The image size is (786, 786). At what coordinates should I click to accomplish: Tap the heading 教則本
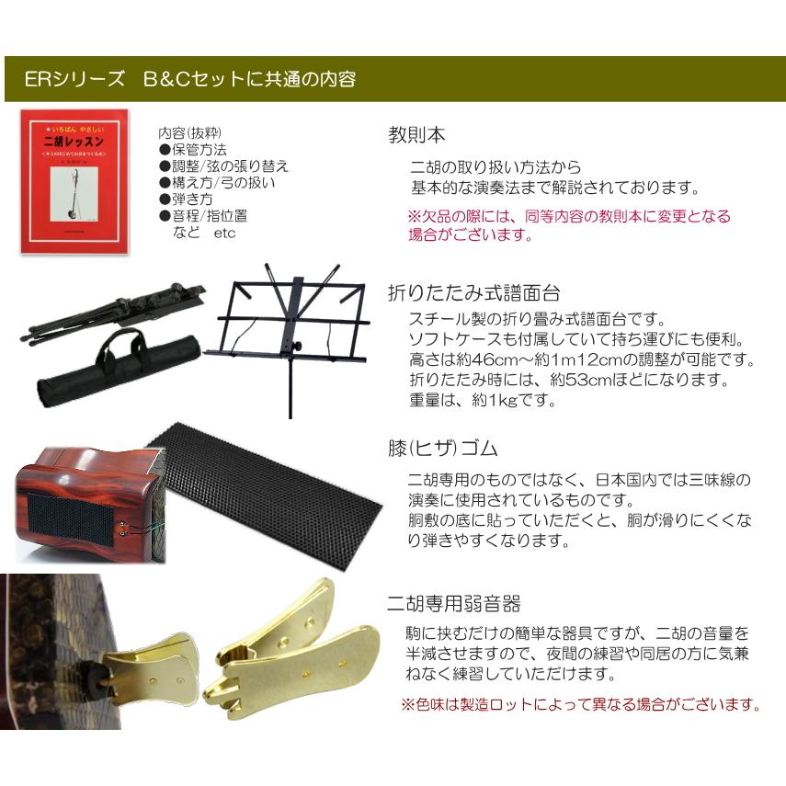pyautogui.click(x=416, y=134)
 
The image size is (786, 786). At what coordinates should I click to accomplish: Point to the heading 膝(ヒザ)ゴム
pyautogui.click(x=443, y=449)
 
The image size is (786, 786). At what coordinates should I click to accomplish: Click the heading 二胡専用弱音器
pyautogui.click(x=454, y=604)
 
